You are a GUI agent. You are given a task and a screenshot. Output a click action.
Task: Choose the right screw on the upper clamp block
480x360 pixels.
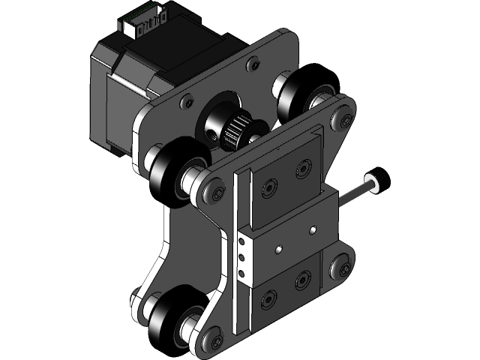click(304, 163)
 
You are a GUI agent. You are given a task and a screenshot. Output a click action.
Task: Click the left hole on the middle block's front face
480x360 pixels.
click(277, 248)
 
